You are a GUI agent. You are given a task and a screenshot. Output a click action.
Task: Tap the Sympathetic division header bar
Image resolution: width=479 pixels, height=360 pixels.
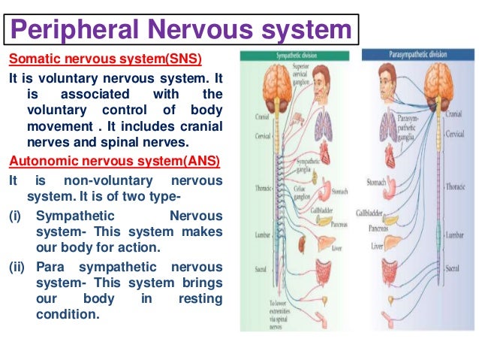pyautogui.click(x=297, y=55)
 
